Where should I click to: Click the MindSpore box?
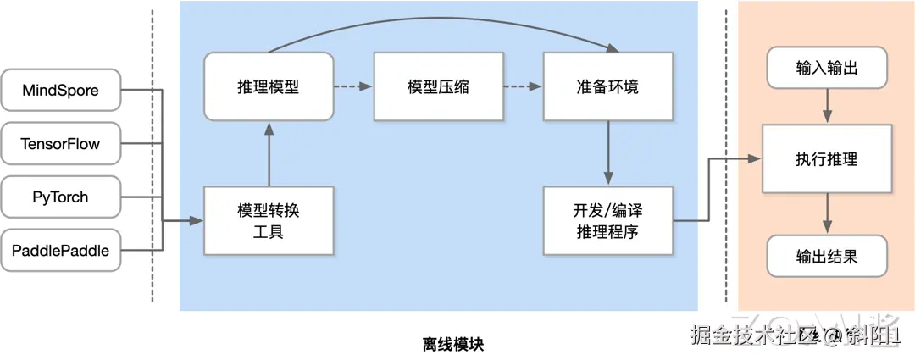pyautogui.click(x=60, y=90)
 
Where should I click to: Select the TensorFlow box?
pyautogui.click(x=60, y=144)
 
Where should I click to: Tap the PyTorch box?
pyautogui.click(x=60, y=197)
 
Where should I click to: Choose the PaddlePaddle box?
pyautogui.click(x=60, y=251)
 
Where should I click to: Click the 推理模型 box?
pyautogui.click(x=268, y=86)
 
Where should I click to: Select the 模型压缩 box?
pyautogui.click(x=438, y=86)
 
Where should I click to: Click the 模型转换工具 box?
pyautogui.click(x=268, y=220)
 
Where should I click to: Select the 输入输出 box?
pyautogui.click(x=827, y=69)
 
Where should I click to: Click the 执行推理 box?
pyautogui.click(x=827, y=158)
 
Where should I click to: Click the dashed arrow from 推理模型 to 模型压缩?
pyautogui.click(x=352, y=86)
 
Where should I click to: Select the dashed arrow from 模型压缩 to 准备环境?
pyautogui.click(x=522, y=86)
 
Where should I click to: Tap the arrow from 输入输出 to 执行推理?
pyautogui.click(x=827, y=106)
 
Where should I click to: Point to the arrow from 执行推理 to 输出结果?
pyautogui.click(x=827, y=213)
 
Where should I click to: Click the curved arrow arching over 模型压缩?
pyautogui.click(x=438, y=19)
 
